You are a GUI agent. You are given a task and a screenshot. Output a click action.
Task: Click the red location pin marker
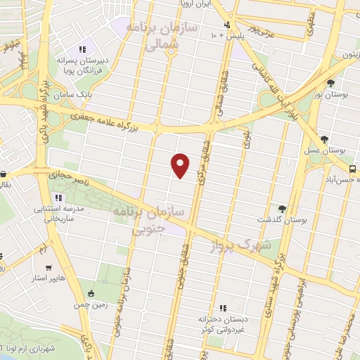click(181, 165)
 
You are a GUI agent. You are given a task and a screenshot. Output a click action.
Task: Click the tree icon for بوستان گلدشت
click(282, 208)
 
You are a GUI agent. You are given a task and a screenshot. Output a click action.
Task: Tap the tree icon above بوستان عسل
click(323, 139)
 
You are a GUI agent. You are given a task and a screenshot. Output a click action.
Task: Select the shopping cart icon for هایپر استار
click(48, 268)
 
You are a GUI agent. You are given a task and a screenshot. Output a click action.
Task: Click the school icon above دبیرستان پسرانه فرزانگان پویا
click(82, 49)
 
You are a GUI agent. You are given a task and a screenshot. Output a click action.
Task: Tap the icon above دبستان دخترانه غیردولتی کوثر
click(223, 307)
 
